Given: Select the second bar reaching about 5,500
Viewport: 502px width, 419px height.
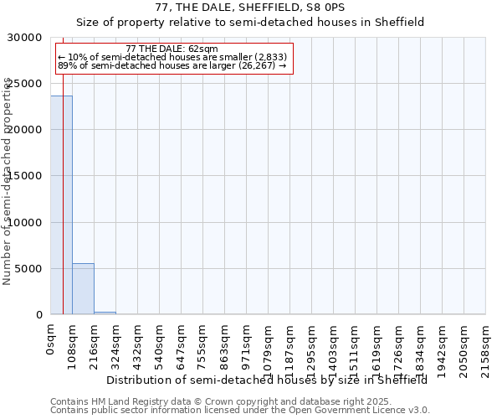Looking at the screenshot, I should pyautogui.click(x=83, y=289).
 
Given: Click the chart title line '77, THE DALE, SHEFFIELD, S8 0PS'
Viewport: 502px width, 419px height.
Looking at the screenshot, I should pyautogui.click(x=250, y=8).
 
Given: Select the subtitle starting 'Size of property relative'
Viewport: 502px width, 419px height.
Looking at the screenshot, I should pyautogui.click(x=250, y=23).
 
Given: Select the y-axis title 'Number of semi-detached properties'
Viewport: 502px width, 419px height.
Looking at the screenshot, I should pyautogui.click(x=8, y=181).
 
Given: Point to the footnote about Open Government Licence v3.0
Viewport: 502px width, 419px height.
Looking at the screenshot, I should pyautogui.click(x=240, y=411).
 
